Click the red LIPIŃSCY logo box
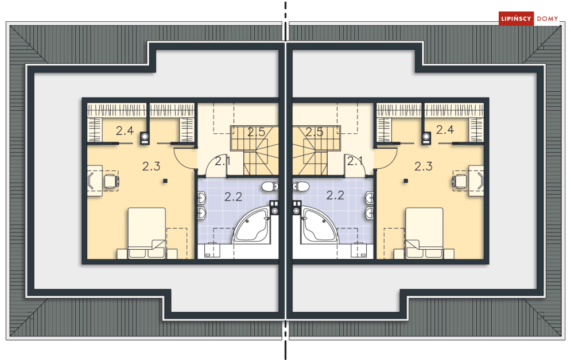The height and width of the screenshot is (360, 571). [x=516, y=18]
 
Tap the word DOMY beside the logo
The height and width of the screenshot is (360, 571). [x=547, y=18]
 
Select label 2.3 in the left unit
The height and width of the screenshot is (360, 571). [x=151, y=166]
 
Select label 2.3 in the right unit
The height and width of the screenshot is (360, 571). [x=424, y=166]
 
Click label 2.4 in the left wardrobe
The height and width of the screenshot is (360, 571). [x=125, y=130]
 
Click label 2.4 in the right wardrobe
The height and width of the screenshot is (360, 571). [x=445, y=129]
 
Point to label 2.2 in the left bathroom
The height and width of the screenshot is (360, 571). [x=233, y=197]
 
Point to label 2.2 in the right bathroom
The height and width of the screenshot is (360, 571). [x=335, y=195]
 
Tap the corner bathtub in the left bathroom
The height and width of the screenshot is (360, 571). [x=252, y=225]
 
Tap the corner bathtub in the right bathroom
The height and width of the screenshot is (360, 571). [x=319, y=225]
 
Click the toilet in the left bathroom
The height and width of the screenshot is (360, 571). [x=270, y=187]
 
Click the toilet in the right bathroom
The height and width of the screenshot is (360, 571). [x=301, y=187]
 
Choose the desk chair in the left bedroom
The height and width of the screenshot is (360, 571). [x=112, y=180]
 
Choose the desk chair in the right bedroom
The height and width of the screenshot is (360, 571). [x=460, y=180]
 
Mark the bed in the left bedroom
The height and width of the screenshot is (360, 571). [x=147, y=233]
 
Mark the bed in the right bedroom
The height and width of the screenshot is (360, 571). [x=424, y=233]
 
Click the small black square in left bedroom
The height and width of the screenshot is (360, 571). [x=165, y=181]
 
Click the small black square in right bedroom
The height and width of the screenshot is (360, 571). [x=406, y=181]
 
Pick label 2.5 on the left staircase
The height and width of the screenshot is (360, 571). [x=257, y=132]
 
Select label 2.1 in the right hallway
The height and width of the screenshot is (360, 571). [x=355, y=161]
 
